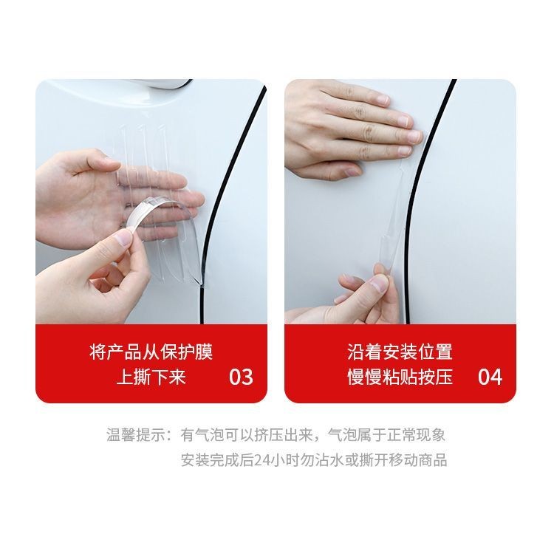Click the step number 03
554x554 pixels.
pyautogui.click(x=241, y=377)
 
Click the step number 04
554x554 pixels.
pyautogui.click(x=490, y=377)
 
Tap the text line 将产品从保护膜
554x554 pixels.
pyautogui.click(x=151, y=352)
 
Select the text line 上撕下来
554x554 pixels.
pyautogui.click(x=151, y=377)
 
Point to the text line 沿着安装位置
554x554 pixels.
pyautogui.click(x=400, y=352)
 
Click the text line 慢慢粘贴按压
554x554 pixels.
pyautogui.click(x=400, y=377)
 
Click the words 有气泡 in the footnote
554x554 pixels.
pyautogui.click(x=199, y=435)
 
